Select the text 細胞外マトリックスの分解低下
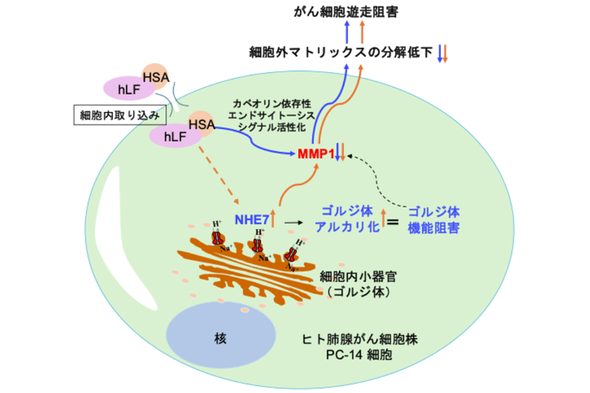[x=341, y=52]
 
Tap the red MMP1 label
[x=316, y=155]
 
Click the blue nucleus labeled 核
[x=221, y=338]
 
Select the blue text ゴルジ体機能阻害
[x=433, y=220]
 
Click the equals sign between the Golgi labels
[x=392, y=221]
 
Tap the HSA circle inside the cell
[x=201, y=123]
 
